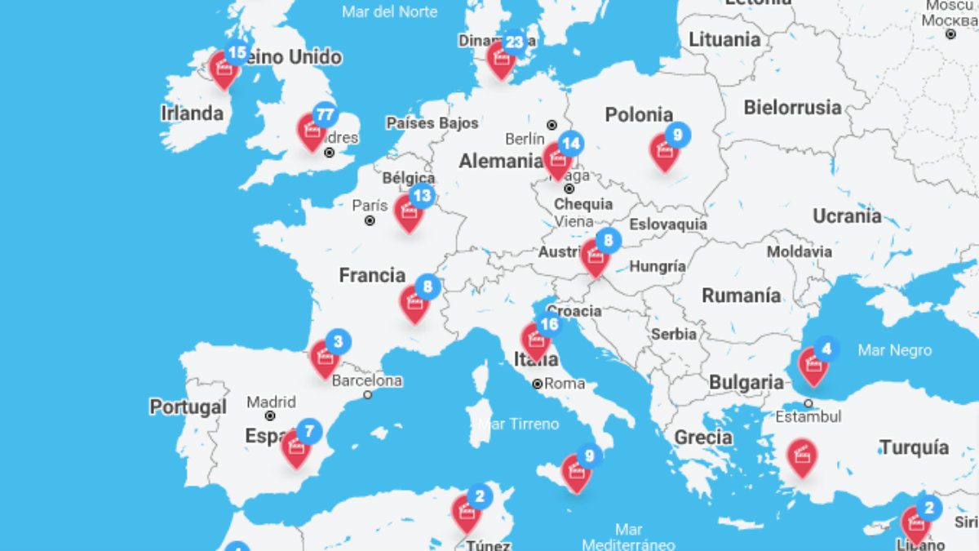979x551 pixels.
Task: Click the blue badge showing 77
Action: pyautogui.click(x=325, y=115)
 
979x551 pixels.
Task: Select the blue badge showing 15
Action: pyautogui.click(x=237, y=54)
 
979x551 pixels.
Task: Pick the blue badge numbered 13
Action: pyautogui.click(x=422, y=196)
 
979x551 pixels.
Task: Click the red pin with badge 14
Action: pyautogui.click(x=557, y=160)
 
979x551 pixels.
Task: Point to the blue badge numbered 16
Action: pyautogui.click(x=549, y=325)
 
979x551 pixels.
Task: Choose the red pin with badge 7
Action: pyautogui.click(x=295, y=448)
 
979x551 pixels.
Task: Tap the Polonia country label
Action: pyautogui.click(x=639, y=115)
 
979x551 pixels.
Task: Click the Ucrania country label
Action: pyautogui.click(x=847, y=216)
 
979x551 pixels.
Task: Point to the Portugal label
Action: pyautogui.click(x=188, y=407)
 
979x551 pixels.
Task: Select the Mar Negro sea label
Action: pyautogui.click(x=894, y=350)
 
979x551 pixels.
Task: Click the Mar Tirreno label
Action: pyautogui.click(x=519, y=424)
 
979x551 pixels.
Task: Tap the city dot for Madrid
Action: pyautogui.click(x=270, y=415)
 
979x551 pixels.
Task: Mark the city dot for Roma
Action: pyautogui.click(x=538, y=384)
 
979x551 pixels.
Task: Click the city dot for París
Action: pyautogui.click(x=370, y=220)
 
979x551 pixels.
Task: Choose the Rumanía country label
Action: pyautogui.click(x=741, y=295)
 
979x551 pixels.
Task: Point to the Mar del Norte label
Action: pyautogui.click(x=389, y=11)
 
